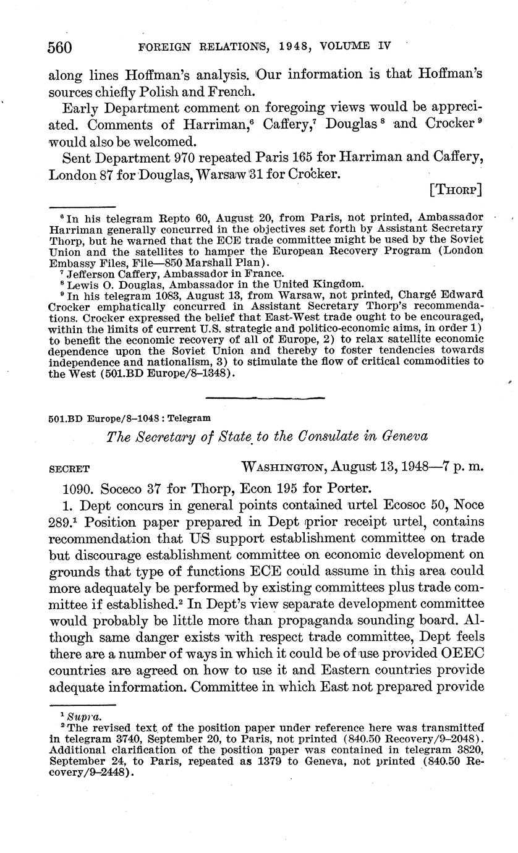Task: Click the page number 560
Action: [x=60, y=47]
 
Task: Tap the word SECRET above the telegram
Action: [x=69, y=469]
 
